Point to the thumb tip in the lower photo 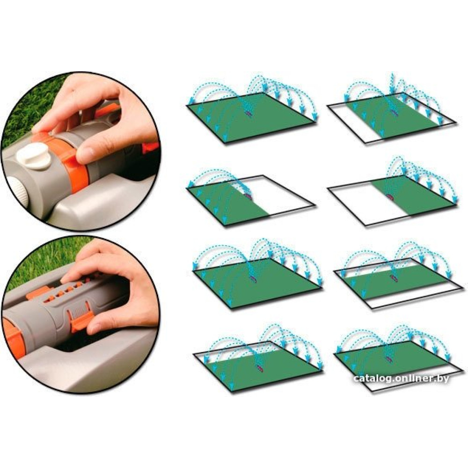(x=95, y=327)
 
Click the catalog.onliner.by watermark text (x=401, y=379)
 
